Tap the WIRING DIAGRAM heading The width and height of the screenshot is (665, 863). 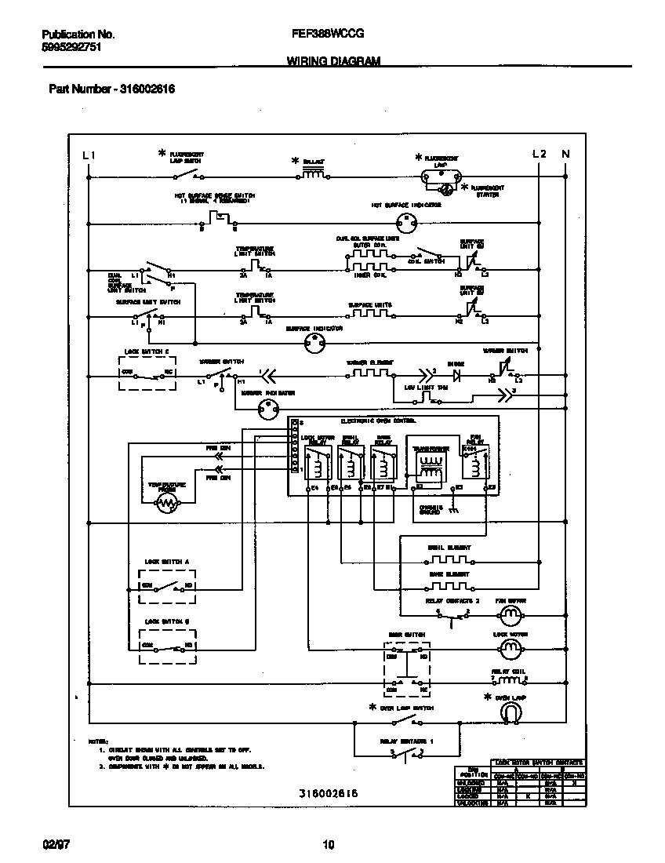(333, 60)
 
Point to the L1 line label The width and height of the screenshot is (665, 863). (89, 155)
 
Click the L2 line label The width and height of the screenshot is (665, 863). (539, 154)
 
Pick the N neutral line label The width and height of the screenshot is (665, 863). (565, 154)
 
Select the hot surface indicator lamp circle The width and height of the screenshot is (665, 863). (405, 223)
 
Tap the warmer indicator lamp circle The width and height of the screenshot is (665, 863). (269, 409)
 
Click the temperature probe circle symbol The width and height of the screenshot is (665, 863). (167, 506)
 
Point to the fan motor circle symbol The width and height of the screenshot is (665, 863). (511, 614)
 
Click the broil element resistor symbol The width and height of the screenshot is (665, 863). (449, 561)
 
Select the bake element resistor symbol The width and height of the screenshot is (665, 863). (449, 585)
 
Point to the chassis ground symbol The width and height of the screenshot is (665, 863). (453, 509)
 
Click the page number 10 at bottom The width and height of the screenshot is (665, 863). (329, 845)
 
